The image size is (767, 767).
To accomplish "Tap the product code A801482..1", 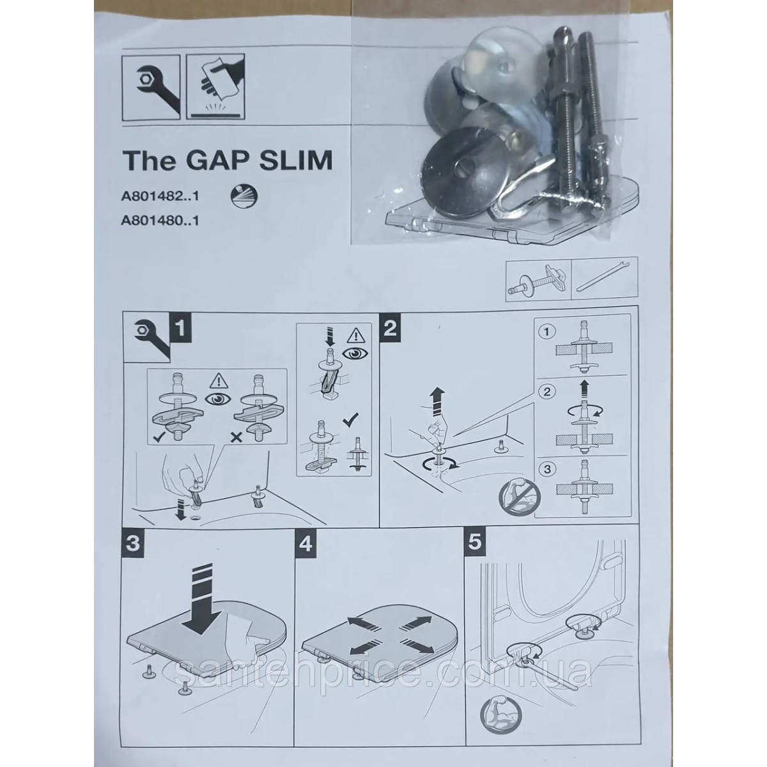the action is [160, 198].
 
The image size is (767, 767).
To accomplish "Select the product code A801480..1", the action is [160, 220].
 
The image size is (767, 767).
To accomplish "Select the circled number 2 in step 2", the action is [547, 392].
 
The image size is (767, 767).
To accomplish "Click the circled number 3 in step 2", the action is [547, 469].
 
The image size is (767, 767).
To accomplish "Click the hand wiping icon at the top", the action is [215, 88].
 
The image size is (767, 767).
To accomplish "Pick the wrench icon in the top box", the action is [151, 88].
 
